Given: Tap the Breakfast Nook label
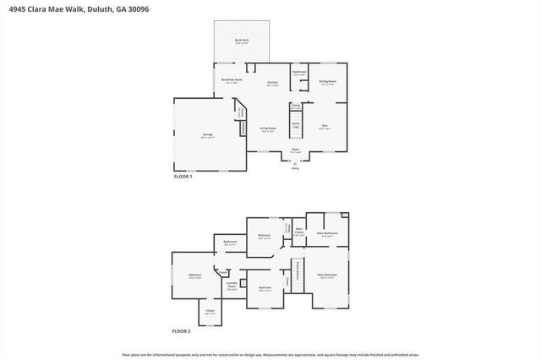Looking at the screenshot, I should tap(232, 79).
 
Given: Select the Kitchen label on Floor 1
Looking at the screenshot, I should tap(271, 82).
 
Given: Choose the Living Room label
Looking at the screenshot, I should tap(268, 129).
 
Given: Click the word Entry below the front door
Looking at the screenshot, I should tap(295, 169).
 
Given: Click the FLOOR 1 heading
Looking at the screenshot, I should tap(183, 177).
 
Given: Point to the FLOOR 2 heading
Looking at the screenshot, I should tap(183, 331).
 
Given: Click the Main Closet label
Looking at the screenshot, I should tap(299, 229).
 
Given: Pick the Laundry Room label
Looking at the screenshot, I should tap(232, 286).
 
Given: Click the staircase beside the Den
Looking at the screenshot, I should tap(297, 127).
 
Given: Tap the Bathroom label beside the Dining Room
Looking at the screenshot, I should tap(299, 73).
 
